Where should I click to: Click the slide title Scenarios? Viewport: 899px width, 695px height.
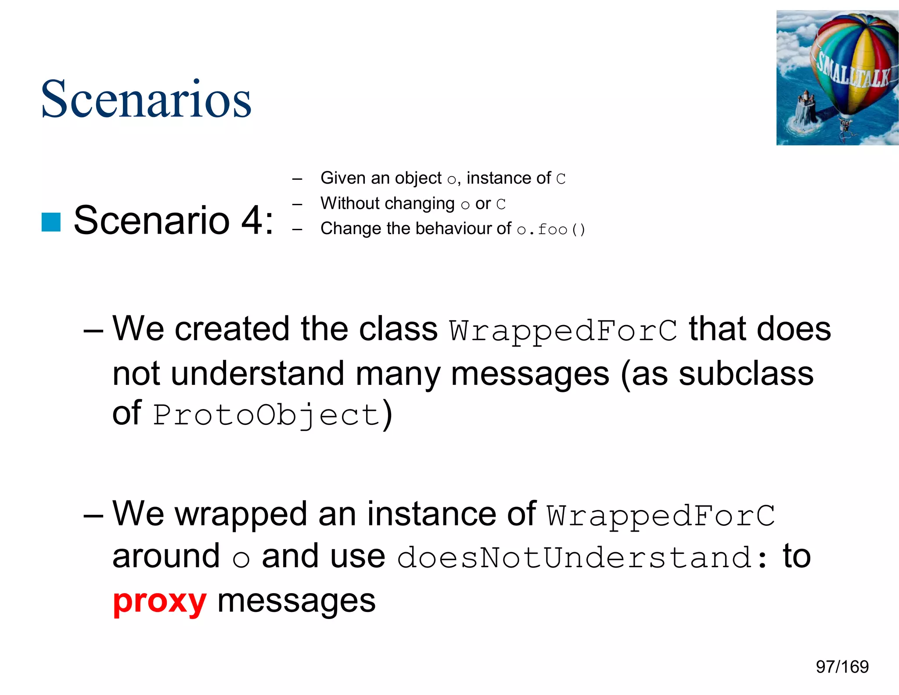pos(146,99)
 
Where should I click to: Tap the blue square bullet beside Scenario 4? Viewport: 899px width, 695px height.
pos(51,222)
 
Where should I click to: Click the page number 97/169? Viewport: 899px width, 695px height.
pos(842,667)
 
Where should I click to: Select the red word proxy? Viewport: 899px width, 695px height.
pos(159,601)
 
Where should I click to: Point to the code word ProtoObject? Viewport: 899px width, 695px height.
pos(266,415)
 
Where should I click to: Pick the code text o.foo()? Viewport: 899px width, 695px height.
pos(551,229)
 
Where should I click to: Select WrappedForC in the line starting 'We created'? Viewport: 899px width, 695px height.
pos(563,330)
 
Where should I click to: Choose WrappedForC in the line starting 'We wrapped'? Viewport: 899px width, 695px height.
pos(661,515)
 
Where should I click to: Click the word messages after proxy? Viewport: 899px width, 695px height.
pos(296,601)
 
